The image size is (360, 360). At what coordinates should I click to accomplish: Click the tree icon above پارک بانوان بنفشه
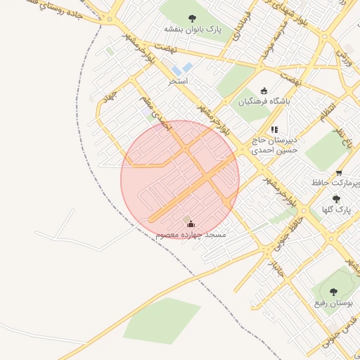[x=192, y=18]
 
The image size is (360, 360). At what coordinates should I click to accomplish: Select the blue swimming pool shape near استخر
[x=184, y=69]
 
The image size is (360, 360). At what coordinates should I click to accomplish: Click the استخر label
[x=177, y=82]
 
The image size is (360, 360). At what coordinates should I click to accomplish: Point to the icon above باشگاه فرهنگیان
[x=264, y=90]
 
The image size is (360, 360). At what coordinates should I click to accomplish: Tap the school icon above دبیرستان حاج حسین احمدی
[x=274, y=129]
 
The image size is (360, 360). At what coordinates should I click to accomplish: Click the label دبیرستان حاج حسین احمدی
[x=275, y=145]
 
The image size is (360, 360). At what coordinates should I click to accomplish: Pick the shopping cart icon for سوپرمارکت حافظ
[x=339, y=173]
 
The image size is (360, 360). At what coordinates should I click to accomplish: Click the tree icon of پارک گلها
[x=335, y=199]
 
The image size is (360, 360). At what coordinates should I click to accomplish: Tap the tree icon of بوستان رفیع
[x=333, y=291]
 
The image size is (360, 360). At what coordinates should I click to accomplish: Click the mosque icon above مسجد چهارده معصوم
[x=191, y=224]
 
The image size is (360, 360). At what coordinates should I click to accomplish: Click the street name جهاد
[x=107, y=94]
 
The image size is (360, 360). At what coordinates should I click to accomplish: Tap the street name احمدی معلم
[x=156, y=113]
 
